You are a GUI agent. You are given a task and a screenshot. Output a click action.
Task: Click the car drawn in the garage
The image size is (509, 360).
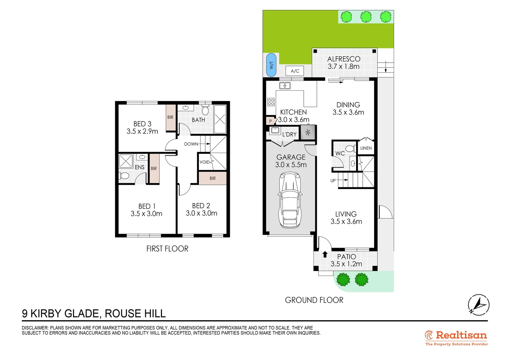[290, 200]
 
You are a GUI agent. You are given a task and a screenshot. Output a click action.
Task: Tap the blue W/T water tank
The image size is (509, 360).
[271, 65]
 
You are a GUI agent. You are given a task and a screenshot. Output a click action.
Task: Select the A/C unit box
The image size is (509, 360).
[295, 71]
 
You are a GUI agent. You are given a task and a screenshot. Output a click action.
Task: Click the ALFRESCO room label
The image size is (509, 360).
[344, 59]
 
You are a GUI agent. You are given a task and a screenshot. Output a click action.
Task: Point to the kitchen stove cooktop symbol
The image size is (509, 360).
[271, 102]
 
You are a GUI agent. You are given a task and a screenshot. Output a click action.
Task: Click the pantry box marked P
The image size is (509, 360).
[270, 121]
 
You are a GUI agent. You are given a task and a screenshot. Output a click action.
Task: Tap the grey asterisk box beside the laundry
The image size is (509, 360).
[308, 132]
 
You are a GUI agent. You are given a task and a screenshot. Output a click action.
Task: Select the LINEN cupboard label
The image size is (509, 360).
[366, 148]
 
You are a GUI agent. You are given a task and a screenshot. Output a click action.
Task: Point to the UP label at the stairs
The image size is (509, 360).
[333, 181]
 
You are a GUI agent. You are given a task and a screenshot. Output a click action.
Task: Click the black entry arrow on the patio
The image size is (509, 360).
[325, 254]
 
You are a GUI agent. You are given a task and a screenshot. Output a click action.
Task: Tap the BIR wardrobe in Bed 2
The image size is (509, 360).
[213, 178]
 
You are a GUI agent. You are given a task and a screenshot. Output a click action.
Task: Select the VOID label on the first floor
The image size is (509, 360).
[205, 162]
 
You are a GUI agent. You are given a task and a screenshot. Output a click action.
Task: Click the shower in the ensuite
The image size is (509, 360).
[126, 161]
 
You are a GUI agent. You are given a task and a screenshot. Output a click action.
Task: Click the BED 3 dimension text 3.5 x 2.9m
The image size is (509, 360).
[142, 131]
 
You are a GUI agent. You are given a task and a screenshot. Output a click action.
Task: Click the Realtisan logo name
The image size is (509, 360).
[461, 335]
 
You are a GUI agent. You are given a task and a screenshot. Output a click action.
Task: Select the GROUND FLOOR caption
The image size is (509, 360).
[314, 300]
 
